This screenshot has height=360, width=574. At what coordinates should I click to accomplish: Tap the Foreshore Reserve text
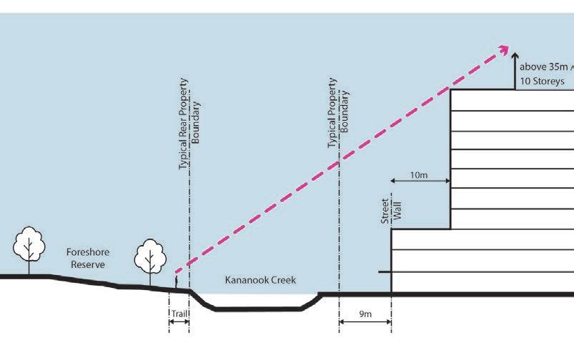(x=85, y=258)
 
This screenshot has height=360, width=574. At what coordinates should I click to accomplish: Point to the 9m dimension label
(x=365, y=314)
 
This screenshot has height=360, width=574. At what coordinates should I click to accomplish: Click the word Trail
(x=179, y=314)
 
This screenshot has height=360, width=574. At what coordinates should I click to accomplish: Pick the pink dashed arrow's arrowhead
(x=504, y=50)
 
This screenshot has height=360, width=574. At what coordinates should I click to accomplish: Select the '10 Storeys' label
(x=543, y=82)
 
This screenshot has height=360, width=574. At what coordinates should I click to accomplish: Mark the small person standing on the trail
(x=177, y=285)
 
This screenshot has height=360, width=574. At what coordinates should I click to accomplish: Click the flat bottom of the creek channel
(x=257, y=309)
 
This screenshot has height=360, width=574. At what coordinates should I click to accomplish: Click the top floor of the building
(x=511, y=99)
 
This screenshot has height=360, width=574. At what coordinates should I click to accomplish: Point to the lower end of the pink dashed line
(x=175, y=272)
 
